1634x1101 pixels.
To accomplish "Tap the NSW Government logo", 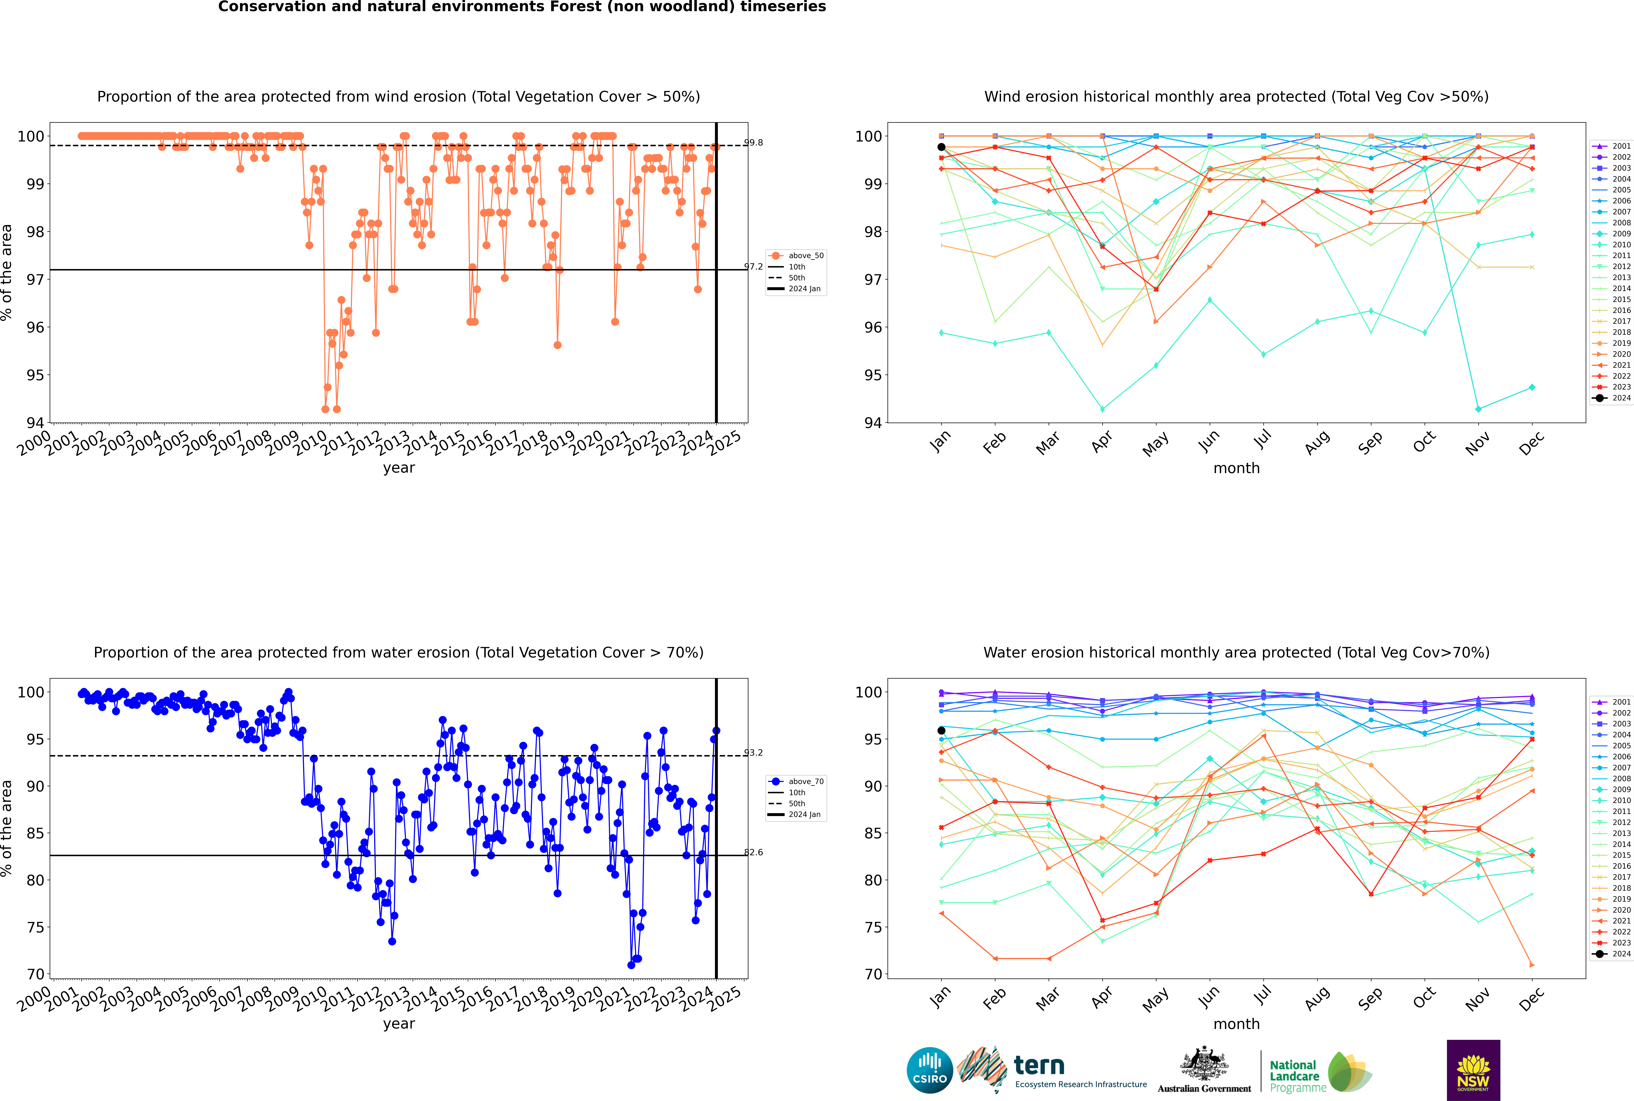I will pos(1473,1069).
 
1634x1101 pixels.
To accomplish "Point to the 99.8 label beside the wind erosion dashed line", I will pos(753,143).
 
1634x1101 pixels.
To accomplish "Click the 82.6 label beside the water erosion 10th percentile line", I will pos(753,852).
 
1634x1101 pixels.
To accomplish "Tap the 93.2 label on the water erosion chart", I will pos(753,753).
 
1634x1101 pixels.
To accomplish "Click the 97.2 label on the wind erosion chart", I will pos(753,267).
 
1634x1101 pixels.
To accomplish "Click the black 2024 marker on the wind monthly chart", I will pos(941,147).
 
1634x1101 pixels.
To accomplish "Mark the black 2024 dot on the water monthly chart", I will pos(941,731).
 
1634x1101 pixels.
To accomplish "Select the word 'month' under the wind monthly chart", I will pos(1236,468).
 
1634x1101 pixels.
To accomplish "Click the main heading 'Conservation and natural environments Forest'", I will pos(522,7).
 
